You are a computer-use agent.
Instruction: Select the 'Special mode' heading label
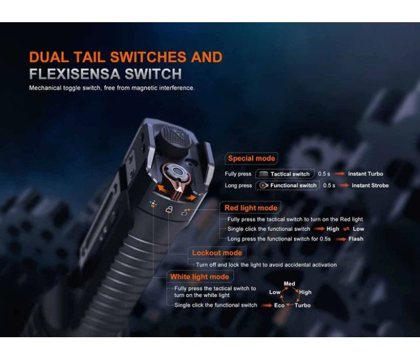[251, 158]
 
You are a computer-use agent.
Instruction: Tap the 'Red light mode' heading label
[251, 208]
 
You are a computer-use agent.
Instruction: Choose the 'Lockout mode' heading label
[217, 253]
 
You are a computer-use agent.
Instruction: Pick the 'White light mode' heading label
[199, 277]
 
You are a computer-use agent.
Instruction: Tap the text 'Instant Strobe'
[370, 185]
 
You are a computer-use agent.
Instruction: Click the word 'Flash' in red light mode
[355, 239]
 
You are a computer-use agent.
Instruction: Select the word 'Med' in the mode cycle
[289, 283]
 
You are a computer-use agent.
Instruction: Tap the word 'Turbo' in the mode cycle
[302, 305]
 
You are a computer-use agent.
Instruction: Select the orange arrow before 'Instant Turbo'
[340, 174]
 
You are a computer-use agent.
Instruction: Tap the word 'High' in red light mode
[332, 229]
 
